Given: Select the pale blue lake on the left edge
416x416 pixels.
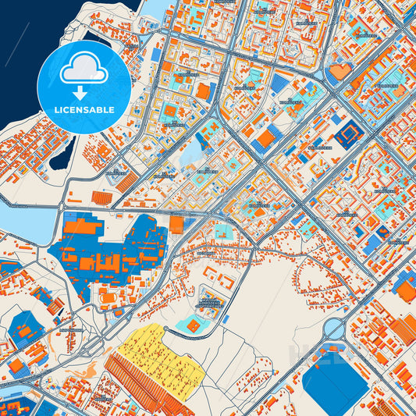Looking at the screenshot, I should click(20, 219).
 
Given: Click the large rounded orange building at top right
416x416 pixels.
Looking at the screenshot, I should click(340, 73).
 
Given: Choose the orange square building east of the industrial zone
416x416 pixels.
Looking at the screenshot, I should click(177, 225).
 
